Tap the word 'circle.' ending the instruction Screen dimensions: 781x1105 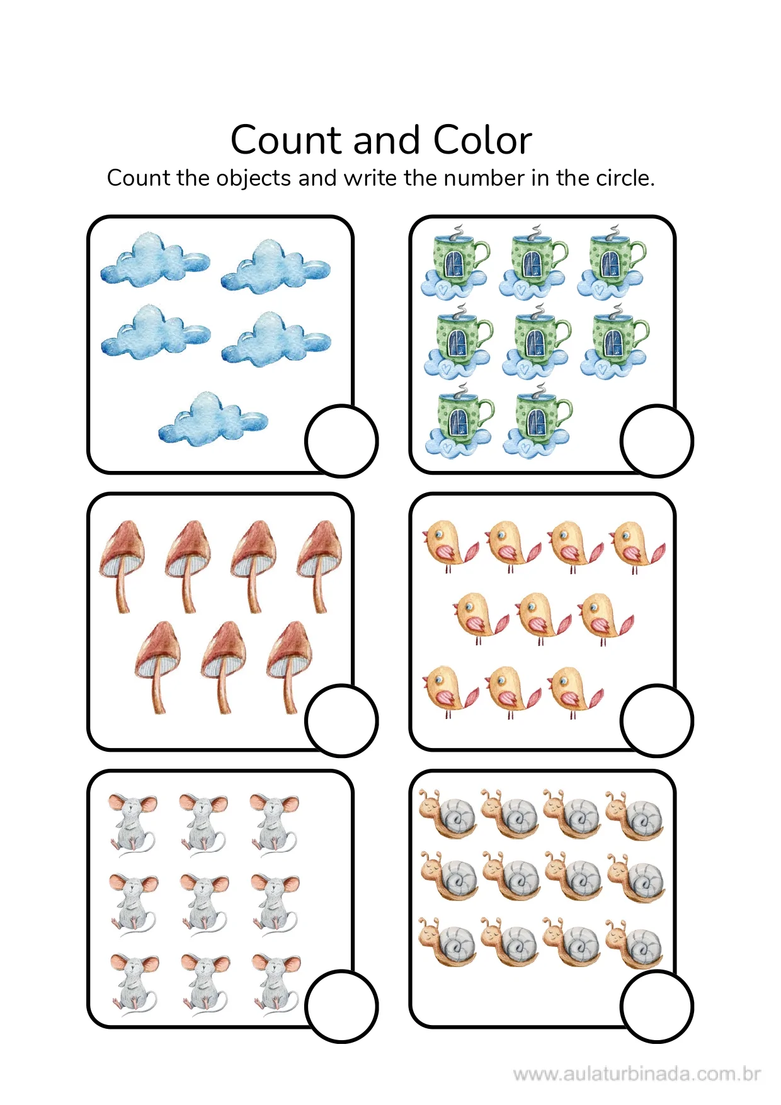[625, 178]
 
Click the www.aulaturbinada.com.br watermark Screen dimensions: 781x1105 [637, 1074]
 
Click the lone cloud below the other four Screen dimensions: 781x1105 [213, 419]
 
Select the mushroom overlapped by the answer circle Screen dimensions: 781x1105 [289, 666]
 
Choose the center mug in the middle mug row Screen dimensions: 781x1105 [537, 341]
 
